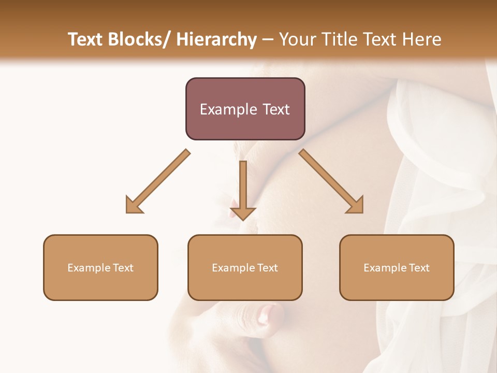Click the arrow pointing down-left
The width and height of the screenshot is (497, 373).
pos(158,181)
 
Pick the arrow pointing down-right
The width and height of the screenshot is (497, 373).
pos(331,181)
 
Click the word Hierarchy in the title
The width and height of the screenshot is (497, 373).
pos(216,39)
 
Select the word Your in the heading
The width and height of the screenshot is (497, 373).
pos(297,39)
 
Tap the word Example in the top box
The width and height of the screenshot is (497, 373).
pos(228,109)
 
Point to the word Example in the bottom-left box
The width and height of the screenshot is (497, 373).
pos(89,268)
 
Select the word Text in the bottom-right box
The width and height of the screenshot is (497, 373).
pos(419,268)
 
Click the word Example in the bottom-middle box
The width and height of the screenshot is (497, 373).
pos(233,268)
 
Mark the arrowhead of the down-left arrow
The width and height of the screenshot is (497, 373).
pos(134,205)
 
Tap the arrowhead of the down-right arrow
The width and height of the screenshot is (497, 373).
pos(356,205)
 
